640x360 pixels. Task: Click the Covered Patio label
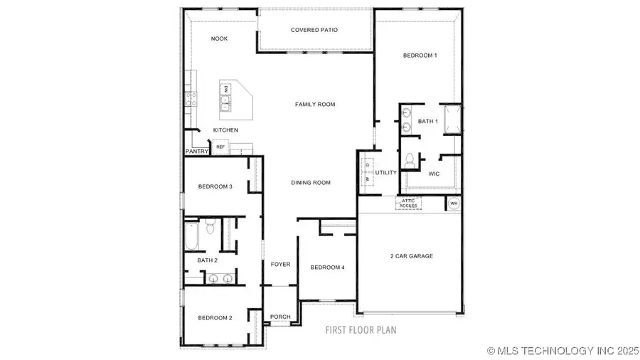click(x=314, y=30)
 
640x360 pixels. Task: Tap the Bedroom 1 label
click(x=420, y=55)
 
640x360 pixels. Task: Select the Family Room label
click(x=315, y=105)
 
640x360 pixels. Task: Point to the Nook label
click(x=220, y=38)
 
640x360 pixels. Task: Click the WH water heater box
click(x=454, y=203)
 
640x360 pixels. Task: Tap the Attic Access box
click(x=408, y=203)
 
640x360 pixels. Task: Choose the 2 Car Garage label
click(x=411, y=256)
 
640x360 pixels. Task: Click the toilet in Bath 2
click(x=210, y=228)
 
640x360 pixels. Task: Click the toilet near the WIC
click(x=409, y=163)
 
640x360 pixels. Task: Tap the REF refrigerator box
click(x=220, y=147)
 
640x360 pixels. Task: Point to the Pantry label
click(x=196, y=152)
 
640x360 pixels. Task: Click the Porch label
click(x=280, y=317)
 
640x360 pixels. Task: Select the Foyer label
click(x=280, y=265)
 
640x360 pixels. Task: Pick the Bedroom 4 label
click(x=327, y=268)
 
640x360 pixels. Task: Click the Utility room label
click(x=386, y=173)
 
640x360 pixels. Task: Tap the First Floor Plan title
click(x=361, y=330)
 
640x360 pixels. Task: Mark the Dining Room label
click(x=311, y=183)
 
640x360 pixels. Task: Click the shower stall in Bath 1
click(x=452, y=120)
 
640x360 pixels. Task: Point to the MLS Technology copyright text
click(x=561, y=351)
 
